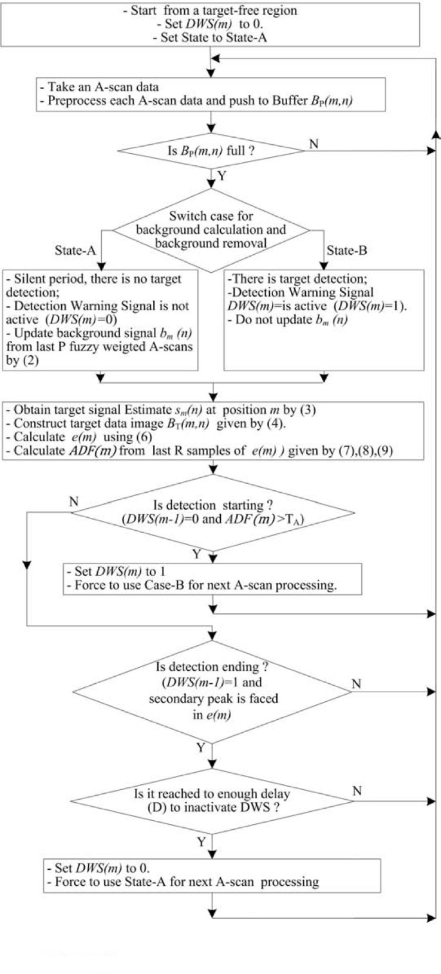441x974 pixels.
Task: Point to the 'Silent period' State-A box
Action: pyautogui.click(x=100, y=319)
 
